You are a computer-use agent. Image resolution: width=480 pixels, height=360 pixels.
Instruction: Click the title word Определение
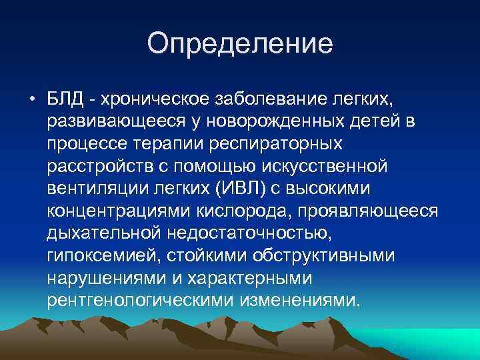point(239,44)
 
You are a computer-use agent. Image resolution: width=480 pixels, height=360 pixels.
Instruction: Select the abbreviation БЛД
point(66,99)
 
